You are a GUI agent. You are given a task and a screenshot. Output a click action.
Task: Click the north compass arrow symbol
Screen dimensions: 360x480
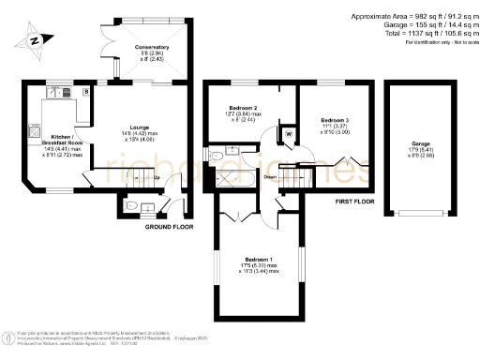tap(34, 40)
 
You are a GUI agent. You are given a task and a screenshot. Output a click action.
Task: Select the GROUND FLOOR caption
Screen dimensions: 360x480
tap(170, 227)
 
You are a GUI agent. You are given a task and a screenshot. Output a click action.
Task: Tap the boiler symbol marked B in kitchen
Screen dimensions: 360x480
tap(86, 91)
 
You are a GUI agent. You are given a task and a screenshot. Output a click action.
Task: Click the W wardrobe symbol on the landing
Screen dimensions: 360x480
tap(289, 135)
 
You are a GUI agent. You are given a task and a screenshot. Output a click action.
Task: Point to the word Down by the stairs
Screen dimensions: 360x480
tap(269, 175)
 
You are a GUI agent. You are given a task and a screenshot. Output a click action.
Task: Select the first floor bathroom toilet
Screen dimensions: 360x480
tap(216, 155)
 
